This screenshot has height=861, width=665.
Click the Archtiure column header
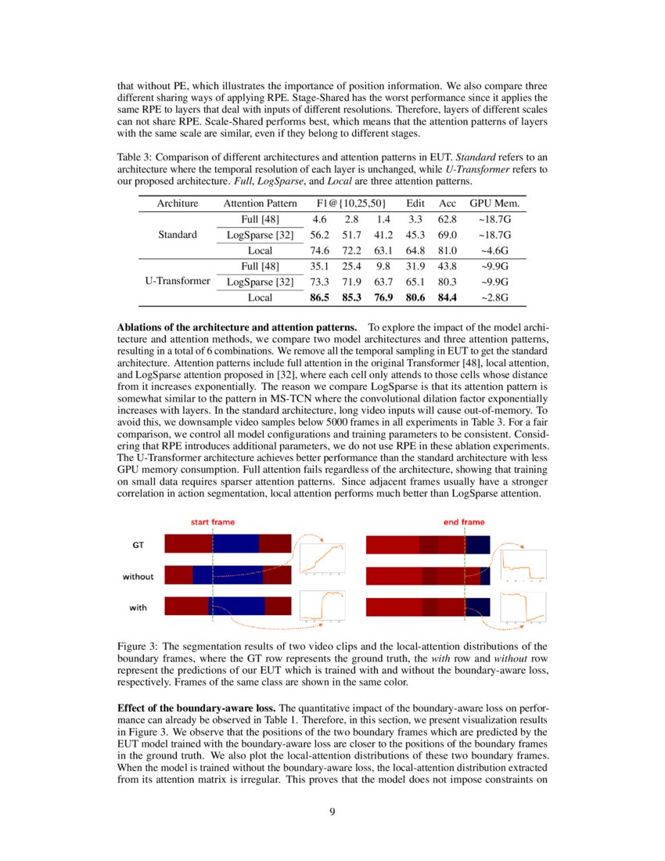click(x=176, y=204)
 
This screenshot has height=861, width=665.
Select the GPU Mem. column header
click(x=494, y=204)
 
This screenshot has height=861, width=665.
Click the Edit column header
click(x=415, y=204)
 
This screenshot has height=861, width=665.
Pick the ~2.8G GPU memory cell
click(x=494, y=297)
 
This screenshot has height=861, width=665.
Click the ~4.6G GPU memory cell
click(x=494, y=250)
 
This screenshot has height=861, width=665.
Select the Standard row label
click(x=177, y=235)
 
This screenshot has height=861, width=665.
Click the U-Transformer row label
click(x=177, y=282)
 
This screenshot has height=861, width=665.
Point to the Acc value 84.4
click(x=448, y=297)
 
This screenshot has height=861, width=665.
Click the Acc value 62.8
click(x=448, y=219)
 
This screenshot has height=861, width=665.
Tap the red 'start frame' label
click(x=213, y=522)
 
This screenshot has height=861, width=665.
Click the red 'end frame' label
click(x=464, y=522)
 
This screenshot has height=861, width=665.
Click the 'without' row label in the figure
click(x=138, y=577)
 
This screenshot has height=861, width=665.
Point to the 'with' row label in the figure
click(x=138, y=607)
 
